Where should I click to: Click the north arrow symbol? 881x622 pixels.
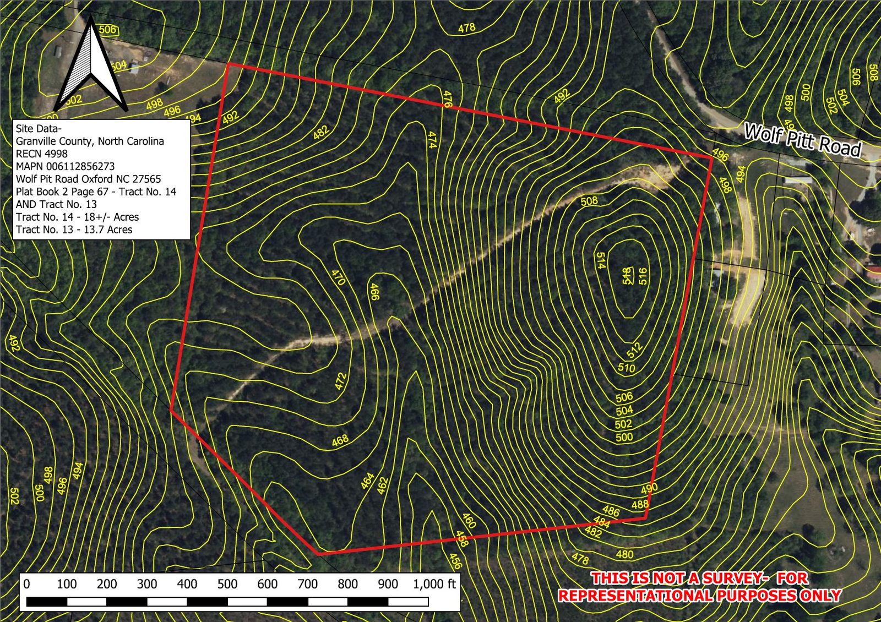click(x=91, y=66)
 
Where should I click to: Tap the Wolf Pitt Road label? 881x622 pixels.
click(x=802, y=140)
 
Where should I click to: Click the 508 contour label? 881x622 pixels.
click(x=589, y=201)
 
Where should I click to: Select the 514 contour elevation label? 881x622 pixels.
click(x=601, y=260)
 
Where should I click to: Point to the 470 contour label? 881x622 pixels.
click(x=338, y=276)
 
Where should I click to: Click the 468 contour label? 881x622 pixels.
click(x=340, y=440)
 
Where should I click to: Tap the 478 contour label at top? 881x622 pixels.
click(x=466, y=28)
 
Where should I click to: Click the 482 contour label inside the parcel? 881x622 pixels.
click(x=321, y=132)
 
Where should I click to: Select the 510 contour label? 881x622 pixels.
click(x=626, y=368)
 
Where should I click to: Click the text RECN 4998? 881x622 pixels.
click(x=42, y=154)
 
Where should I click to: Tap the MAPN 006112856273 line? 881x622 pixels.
click(x=65, y=166)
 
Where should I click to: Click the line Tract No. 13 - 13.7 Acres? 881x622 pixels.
click(x=74, y=230)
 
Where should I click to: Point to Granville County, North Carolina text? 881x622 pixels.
click(x=90, y=141)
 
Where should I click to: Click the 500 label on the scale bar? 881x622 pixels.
click(x=227, y=584)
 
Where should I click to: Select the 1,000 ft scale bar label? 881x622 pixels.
click(x=434, y=584)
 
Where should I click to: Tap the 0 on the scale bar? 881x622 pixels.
click(x=26, y=584)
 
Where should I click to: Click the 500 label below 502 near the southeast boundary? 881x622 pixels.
click(x=624, y=438)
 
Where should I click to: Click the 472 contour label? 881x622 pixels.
click(x=341, y=381)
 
